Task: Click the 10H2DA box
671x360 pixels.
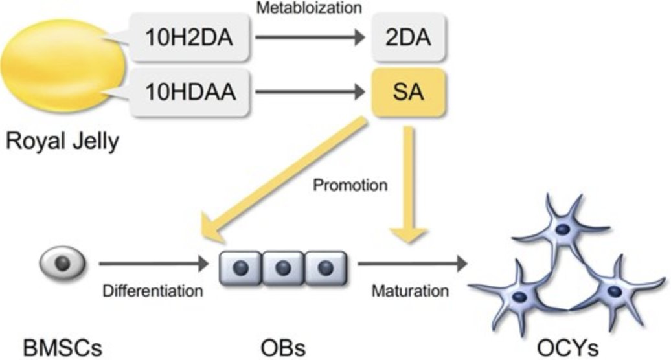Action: click(190, 37)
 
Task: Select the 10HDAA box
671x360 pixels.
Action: click(190, 92)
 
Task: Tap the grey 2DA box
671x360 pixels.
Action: click(408, 37)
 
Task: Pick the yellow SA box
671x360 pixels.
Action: click(408, 92)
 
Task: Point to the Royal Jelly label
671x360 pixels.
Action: click(62, 142)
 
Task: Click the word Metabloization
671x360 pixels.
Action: click(309, 7)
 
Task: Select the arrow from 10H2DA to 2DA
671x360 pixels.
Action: click(310, 37)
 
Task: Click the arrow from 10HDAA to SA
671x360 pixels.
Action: click(310, 92)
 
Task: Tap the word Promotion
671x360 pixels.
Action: click(350, 185)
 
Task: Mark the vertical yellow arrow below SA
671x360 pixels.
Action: click(409, 185)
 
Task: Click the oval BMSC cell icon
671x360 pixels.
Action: click(62, 263)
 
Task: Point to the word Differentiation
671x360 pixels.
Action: click(152, 291)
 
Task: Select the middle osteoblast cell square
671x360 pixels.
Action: click(283, 268)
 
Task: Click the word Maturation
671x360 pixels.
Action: click(410, 291)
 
